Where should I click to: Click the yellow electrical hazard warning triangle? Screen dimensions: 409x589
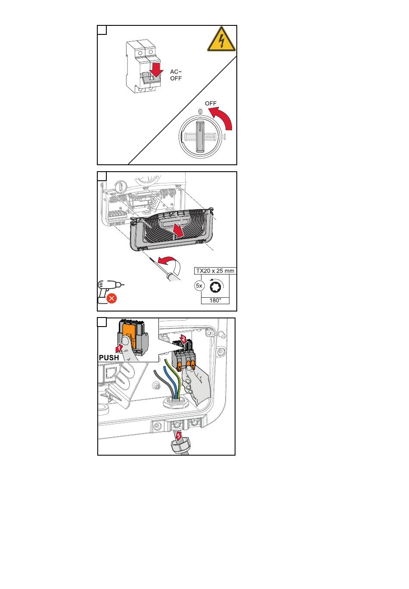(221, 40)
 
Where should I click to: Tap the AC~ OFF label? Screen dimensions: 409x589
(176, 75)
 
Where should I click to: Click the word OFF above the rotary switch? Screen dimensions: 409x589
(211, 103)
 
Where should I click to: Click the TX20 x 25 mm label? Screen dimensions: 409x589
(215, 271)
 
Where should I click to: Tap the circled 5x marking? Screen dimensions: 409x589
(199, 286)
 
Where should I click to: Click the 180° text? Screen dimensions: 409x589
(215, 300)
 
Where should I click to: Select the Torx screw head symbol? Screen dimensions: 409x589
(215, 287)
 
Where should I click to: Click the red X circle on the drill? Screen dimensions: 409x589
(112, 299)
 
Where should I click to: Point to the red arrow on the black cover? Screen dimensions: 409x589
(178, 230)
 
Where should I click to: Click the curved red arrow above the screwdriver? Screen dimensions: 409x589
(168, 262)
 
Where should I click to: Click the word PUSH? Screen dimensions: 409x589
(109, 358)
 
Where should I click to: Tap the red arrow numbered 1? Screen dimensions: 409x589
(119, 348)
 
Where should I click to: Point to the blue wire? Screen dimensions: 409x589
(170, 381)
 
